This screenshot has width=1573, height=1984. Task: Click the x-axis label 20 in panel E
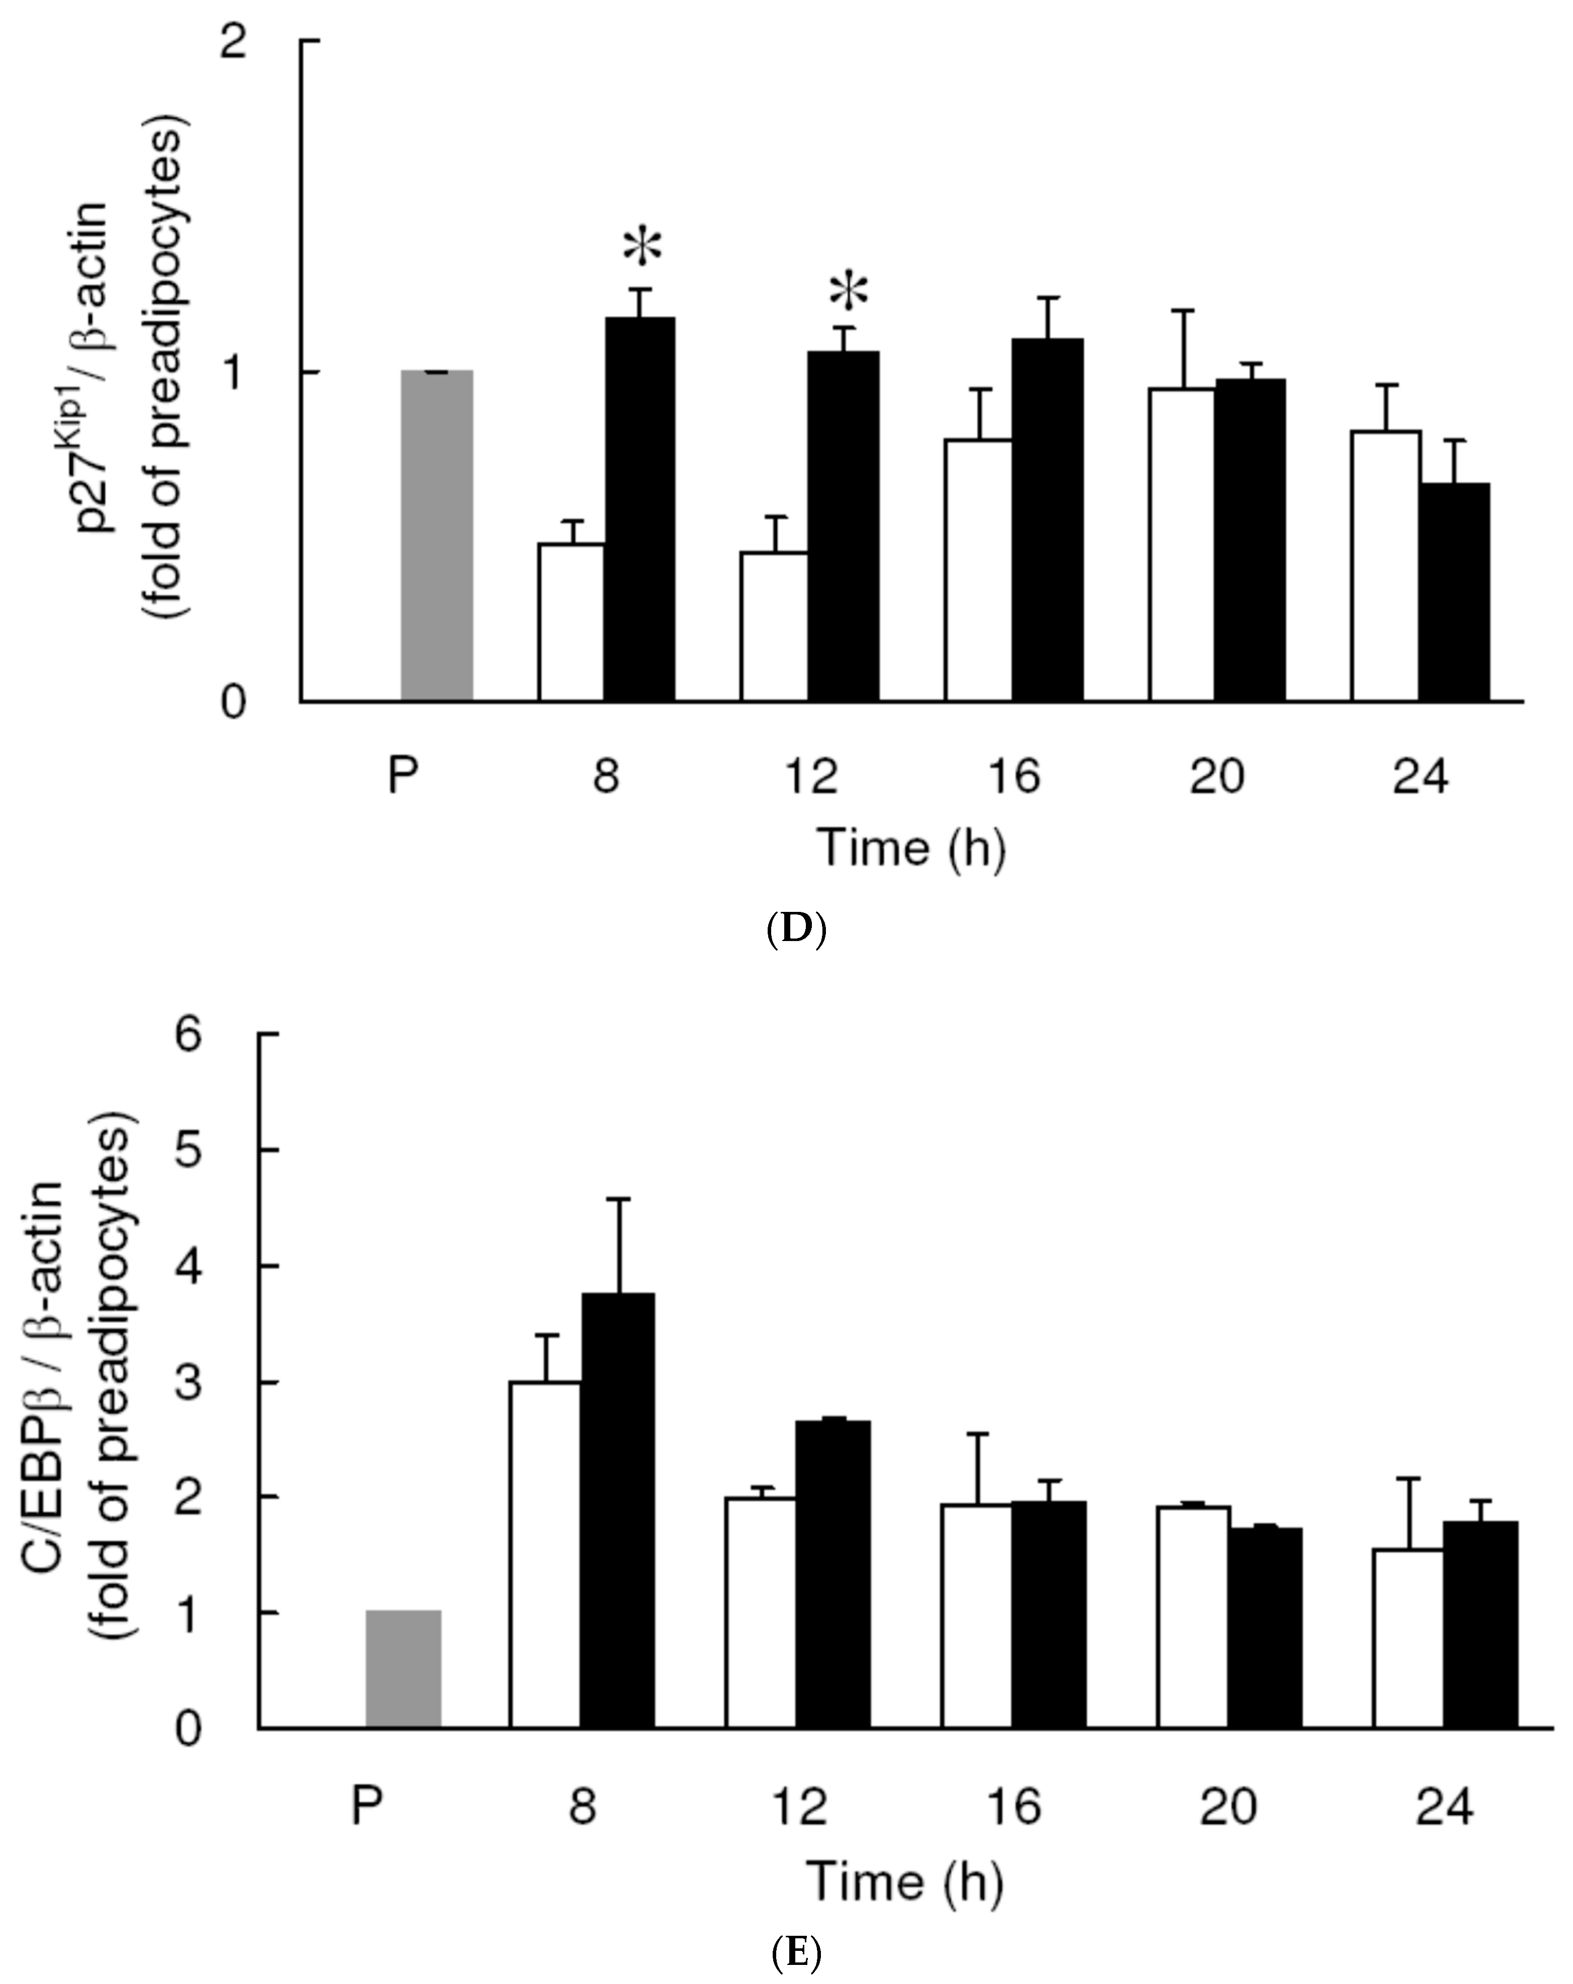pyautogui.click(x=1228, y=1806)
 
